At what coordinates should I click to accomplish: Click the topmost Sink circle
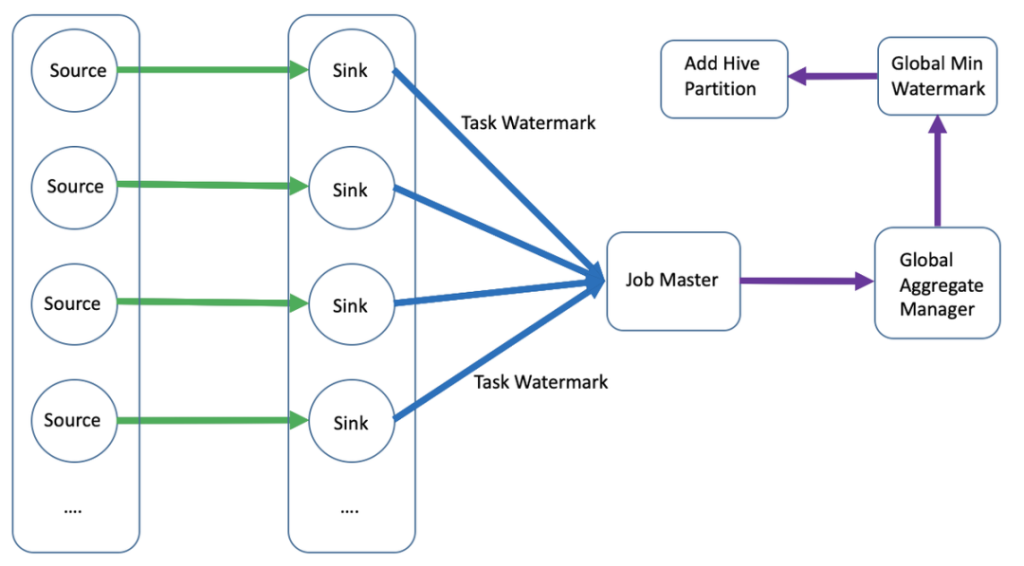[351, 71]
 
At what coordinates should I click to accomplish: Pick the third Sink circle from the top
[351, 306]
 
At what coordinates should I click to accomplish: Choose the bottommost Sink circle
[351, 423]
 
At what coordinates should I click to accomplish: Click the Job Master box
[672, 281]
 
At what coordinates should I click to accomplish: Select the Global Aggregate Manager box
[937, 283]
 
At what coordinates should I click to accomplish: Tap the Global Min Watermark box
[937, 77]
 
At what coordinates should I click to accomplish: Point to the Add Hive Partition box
[723, 78]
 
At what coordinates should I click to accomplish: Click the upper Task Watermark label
[528, 123]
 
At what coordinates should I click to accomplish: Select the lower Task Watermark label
[540, 382]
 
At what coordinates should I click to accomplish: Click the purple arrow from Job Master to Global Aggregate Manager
[806, 281]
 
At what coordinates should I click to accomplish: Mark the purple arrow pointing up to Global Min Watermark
[938, 171]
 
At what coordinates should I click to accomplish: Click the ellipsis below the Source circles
[73, 509]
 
